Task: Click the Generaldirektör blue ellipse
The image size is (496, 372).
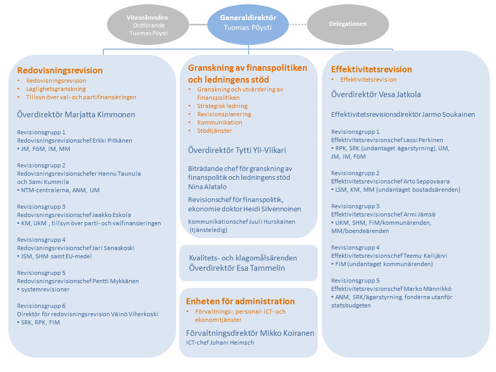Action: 248,24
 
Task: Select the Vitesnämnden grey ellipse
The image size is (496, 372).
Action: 148,24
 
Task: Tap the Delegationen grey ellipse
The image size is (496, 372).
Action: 348,24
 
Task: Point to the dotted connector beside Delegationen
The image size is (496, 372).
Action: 298,24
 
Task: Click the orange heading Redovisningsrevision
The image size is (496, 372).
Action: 60,70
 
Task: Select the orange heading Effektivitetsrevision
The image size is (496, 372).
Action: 371,69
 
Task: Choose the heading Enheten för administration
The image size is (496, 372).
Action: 240,301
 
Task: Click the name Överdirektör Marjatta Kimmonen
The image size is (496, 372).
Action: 76,115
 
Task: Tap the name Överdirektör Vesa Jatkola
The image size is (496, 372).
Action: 376,94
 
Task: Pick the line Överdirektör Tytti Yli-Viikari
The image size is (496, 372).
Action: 237,150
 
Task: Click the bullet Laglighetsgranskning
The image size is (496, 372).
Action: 56,89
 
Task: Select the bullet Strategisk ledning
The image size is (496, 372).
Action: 222,106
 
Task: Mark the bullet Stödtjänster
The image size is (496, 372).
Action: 214,131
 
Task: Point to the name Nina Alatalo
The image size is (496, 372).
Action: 207,187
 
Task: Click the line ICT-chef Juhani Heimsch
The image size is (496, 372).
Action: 220,343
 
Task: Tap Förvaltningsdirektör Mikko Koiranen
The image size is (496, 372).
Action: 250,333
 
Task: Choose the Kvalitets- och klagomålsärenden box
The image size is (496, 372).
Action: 249,263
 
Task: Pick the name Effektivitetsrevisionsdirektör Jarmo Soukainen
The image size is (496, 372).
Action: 403,115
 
